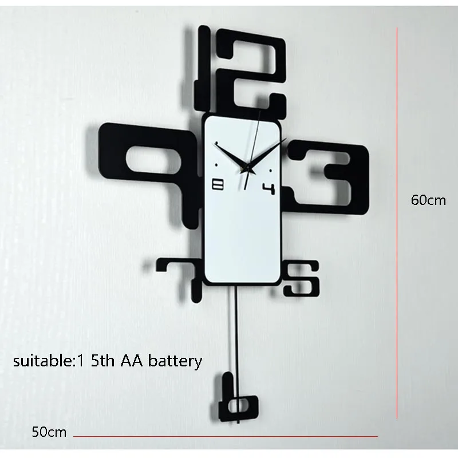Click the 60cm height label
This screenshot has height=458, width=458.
coord(428,200)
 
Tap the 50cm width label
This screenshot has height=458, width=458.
coord(49,432)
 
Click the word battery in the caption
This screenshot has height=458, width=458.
coord(175,361)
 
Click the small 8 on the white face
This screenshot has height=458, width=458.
coord(219,184)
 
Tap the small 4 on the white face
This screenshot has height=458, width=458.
coord(269,187)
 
